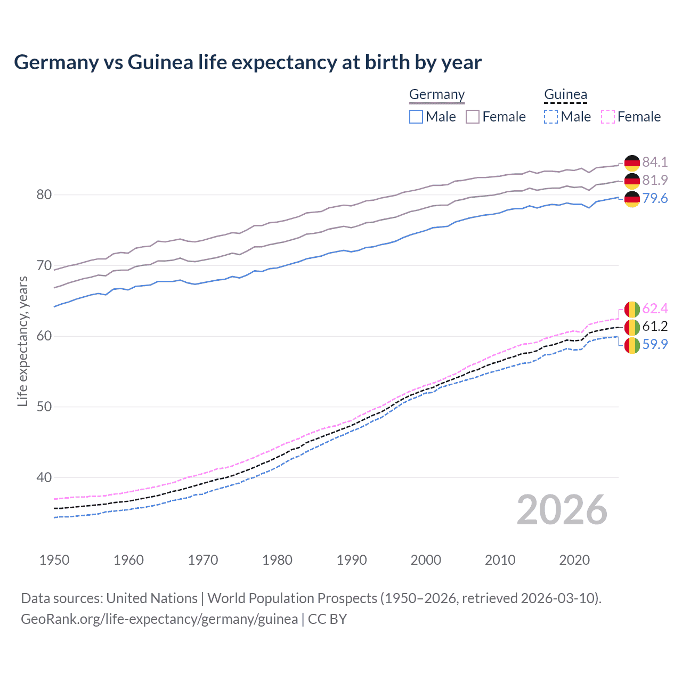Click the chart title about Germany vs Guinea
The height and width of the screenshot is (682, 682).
point(248,62)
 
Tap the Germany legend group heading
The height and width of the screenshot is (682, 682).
point(437,94)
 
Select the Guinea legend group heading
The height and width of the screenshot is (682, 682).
point(565,94)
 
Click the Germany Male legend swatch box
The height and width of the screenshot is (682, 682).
point(416,117)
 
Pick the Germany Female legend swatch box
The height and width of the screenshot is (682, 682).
point(473,117)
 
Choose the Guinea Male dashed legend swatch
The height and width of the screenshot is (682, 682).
point(551,117)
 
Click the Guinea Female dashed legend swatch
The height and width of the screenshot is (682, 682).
point(607,117)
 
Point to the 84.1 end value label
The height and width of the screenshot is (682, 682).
point(655,162)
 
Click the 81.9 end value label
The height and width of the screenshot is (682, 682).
point(655,180)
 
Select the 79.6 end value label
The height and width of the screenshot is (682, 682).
point(655,199)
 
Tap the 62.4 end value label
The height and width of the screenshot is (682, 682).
point(655,309)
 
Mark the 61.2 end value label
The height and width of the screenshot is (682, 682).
point(655,326)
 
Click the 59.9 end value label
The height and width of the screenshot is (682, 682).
point(655,345)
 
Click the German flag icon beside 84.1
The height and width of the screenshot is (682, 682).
point(632,163)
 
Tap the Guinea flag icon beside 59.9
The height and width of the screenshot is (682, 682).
point(632,345)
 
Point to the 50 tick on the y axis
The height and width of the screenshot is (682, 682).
point(44,407)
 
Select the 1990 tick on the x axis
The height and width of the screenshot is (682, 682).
point(352,560)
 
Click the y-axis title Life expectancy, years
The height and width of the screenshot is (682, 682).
point(22,341)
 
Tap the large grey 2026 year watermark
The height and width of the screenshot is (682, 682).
point(562,510)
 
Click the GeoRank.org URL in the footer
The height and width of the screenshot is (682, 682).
point(159,619)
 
